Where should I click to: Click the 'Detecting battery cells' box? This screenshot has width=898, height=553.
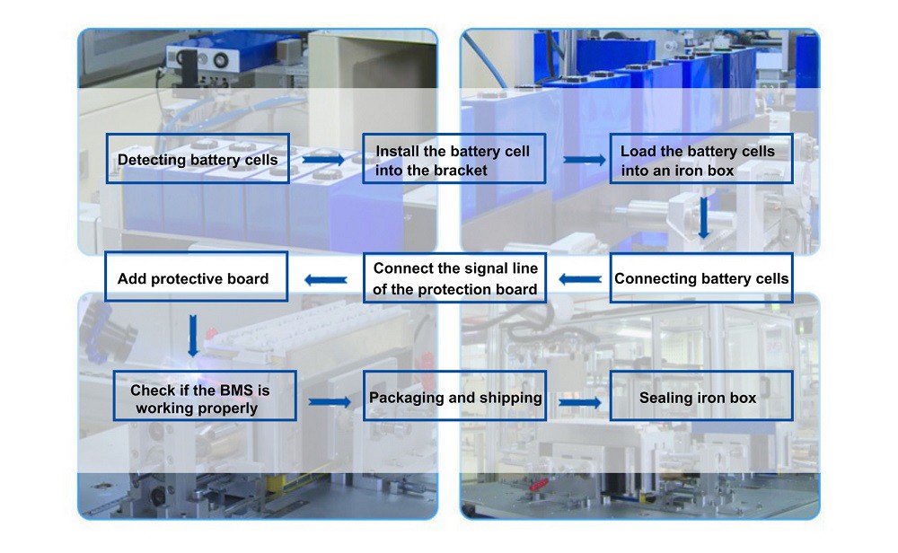click(x=198, y=159)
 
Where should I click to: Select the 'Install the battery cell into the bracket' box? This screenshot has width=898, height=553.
click(x=454, y=159)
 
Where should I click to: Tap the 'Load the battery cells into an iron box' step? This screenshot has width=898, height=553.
click(x=701, y=159)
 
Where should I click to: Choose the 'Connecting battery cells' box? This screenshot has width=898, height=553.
click(x=701, y=278)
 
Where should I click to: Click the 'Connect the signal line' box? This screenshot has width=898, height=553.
click(x=455, y=278)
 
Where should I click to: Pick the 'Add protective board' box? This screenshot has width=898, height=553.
click(x=196, y=276)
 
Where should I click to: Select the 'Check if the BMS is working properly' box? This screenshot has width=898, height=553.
click(x=205, y=396)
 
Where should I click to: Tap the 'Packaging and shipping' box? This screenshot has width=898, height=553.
click(x=454, y=396)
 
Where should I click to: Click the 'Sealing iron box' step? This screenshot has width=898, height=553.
click(x=701, y=396)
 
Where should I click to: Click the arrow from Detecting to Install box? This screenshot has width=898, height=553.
click(x=323, y=159)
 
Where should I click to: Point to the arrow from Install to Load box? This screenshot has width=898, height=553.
click(x=585, y=160)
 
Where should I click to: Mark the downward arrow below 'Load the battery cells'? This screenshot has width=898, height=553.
click(x=704, y=217)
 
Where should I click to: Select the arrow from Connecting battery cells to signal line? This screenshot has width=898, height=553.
click(x=580, y=279)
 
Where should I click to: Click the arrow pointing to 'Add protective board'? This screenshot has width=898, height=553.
click(x=326, y=280)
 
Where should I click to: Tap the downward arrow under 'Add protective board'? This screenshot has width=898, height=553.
click(x=193, y=336)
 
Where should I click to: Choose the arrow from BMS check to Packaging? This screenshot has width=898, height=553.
click(x=330, y=402)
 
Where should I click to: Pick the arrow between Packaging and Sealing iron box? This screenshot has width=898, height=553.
click(x=579, y=402)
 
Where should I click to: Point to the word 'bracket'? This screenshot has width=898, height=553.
click(x=460, y=170)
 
